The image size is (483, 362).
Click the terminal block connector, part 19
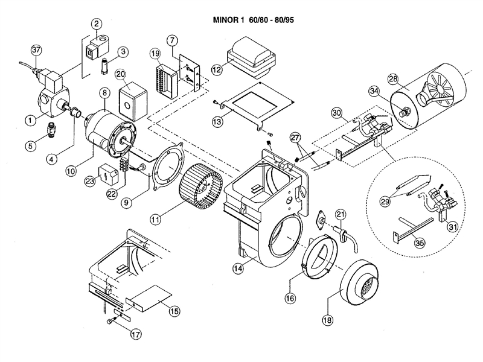point(162,77)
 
